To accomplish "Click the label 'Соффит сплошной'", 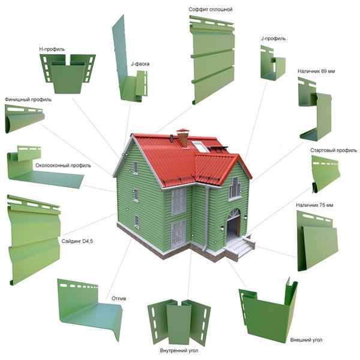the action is click(x=211, y=10).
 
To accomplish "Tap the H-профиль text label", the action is click(x=52, y=49).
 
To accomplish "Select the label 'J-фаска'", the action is click(x=140, y=64).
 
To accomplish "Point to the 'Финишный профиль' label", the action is click(x=28, y=100).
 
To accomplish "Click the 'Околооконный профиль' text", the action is click(x=63, y=166).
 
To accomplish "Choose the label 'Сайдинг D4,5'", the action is click(x=77, y=241).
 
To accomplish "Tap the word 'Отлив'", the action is click(x=119, y=298).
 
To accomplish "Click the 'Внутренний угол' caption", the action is click(x=179, y=350).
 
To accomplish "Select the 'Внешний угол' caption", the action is click(x=306, y=340).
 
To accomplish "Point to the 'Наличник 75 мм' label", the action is click(x=314, y=205).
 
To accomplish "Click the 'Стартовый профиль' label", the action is click(x=334, y=151).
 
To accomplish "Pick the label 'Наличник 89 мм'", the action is click(x=316, y=71).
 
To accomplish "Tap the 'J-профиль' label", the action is click(x=273, y=38).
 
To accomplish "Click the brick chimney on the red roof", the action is click(x=182, y=138).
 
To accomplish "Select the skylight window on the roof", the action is click(x=200, y=147).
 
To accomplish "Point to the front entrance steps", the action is click(x=240, y=247).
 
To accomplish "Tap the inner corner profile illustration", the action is click(x=179, y=322).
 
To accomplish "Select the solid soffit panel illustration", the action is click(x=212, y=59).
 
